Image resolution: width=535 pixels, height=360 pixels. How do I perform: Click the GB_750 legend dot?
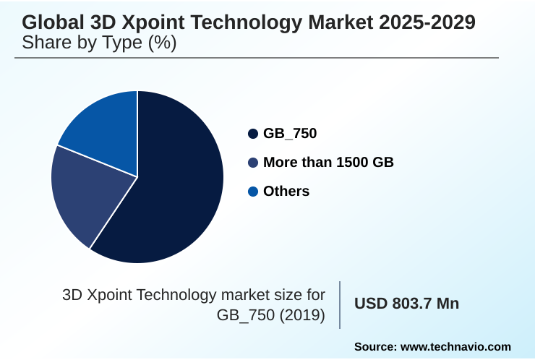click(x=253, y=134)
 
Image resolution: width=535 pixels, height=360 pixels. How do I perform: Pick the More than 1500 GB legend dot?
click(x=253, y=163)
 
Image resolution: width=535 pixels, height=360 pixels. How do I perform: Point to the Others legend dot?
click(x=253, y=192)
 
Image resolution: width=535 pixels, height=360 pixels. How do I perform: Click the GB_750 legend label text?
click(x=290, y=134)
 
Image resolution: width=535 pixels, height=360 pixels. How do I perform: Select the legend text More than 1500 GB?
click(x=328, y=163)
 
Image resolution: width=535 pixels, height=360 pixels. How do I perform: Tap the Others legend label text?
click(x=286, y=192)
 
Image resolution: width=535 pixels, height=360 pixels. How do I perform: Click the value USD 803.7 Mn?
click(x=406, y=304)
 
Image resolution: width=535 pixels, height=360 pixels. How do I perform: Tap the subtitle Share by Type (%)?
click(x=99, y=43)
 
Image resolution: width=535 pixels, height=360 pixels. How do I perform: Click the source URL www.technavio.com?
click(x=455, y=347)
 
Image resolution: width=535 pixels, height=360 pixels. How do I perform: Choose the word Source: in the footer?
click(x=374, y=347)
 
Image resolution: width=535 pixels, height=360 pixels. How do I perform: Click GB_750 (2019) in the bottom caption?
click(x=271, y=315)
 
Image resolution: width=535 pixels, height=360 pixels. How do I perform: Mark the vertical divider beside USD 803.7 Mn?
click(x=340, y=304)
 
